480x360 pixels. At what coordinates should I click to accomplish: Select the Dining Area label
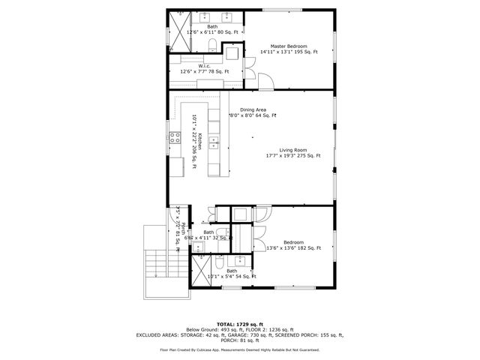point(253,109)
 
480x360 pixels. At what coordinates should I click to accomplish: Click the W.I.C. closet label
point(203,66)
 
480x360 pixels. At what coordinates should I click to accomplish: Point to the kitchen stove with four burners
point(174,137)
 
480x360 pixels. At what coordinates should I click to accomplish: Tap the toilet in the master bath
point(211,48)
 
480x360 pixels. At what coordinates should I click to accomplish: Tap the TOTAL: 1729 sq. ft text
point(239,324)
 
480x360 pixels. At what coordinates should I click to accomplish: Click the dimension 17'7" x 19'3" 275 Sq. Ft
point(293,156)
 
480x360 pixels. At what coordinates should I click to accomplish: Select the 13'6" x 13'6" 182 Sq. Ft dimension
point(293,248)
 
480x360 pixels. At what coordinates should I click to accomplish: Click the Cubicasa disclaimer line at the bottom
point(239,349)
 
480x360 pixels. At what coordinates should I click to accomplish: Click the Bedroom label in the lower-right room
point(293,242)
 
